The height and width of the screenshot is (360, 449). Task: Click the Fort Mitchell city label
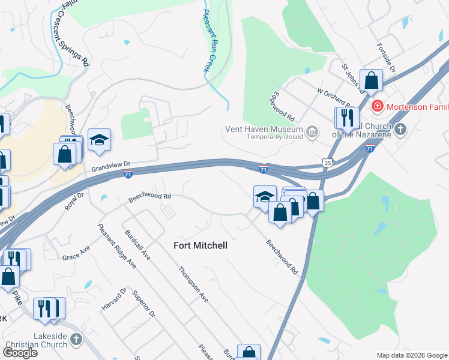coord(200,245)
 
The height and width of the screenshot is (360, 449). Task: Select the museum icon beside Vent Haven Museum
coord(312,131)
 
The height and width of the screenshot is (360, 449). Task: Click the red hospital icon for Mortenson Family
coord(378,107)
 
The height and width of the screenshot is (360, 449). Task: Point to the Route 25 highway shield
coord(327,162)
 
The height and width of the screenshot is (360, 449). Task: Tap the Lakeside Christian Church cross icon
coord(76,340)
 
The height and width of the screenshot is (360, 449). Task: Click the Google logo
coord(20,352)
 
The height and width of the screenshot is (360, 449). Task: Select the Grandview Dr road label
coord(111,166)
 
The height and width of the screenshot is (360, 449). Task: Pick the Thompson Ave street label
coord(193,284)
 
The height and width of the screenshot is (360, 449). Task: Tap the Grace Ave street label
coord(76,253)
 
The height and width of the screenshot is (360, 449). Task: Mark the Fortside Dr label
coord(387,58)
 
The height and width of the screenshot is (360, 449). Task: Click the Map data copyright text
coord(412,355)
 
